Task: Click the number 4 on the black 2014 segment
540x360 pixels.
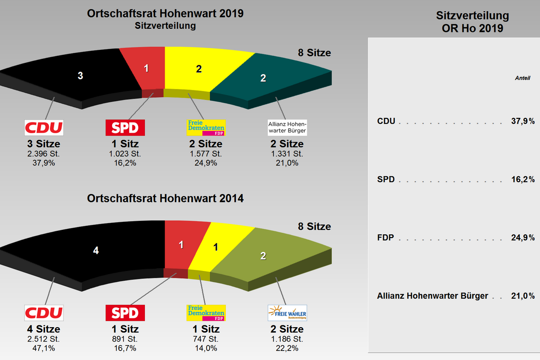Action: pyautogui.click(x=95, y=251)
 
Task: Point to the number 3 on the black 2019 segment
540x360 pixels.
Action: pyautogui.click(x=80, y=76)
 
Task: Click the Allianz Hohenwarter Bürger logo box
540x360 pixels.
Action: pyautogui.click(x=287, y=127)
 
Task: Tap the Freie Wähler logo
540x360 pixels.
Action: pyautogui.click(x=287, y=313)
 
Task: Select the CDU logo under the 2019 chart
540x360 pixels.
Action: pyautogui.click(x=44, y=127)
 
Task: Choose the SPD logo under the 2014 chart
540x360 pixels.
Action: pyautogui.click(x=125, y=313)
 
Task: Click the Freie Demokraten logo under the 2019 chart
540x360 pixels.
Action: pyautogui.click(x=206, y=127)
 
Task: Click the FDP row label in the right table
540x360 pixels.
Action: pyautogui.click(x=386, y=238)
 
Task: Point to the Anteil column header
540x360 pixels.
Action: pyautogui.click(x=522, y=78)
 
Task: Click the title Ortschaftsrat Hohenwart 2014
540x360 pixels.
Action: pyautogui.click(x=165, y=198)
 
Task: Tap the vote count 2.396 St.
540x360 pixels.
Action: pyautogui.click(x=44, y=154)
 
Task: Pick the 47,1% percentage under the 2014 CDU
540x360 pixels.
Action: pyautogui.click(x=44, y=348)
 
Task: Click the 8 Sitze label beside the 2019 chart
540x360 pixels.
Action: pyautogui.click(x=314, y=53)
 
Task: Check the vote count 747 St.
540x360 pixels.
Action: pyautogui.click(x=206, y=339)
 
